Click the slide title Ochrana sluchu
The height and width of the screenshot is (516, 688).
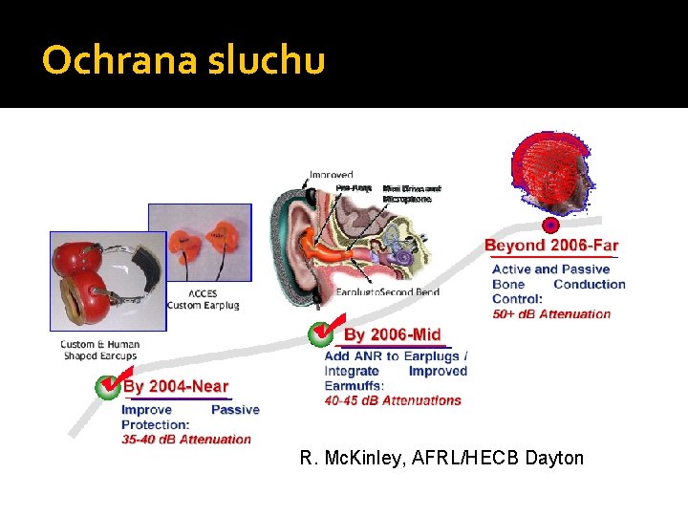tap(183, 60)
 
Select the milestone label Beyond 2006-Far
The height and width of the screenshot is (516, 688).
tap(551, 246)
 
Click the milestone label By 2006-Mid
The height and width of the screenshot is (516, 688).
tap(392, 334)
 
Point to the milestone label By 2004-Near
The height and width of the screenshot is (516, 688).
tap(176, 387)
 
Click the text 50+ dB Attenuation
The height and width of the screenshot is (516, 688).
tap(551, 314)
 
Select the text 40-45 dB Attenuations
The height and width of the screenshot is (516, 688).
tap(393, 401)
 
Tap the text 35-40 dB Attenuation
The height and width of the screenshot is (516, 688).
tap(186, 440)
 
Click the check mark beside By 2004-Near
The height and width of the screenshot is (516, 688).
tap(108, 386)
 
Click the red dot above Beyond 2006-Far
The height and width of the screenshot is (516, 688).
tap(550, 226)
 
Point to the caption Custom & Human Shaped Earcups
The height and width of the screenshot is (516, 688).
tap(99, 350)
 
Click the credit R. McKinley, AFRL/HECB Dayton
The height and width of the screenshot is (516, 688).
tap(441, 459)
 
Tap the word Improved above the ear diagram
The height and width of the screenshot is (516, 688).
tap(331, 175)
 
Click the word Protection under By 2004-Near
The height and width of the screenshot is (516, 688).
tap(155, 424)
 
